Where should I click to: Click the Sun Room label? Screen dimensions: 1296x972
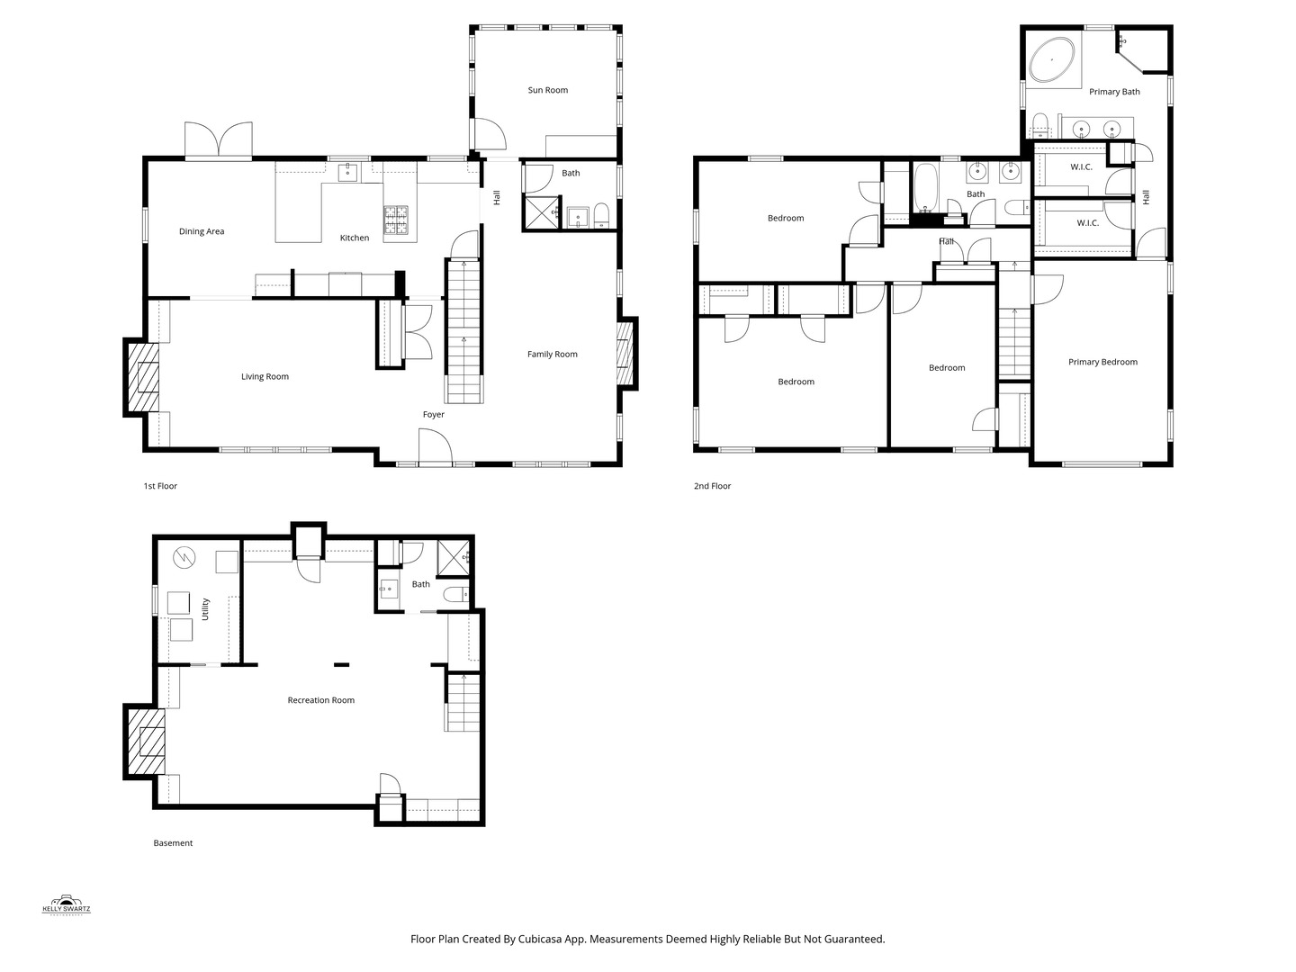547,90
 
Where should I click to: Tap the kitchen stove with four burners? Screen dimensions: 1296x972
396,220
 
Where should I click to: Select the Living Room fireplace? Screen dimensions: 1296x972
141,377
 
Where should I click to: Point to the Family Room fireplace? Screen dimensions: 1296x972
626,353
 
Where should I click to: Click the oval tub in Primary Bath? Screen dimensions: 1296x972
1051,59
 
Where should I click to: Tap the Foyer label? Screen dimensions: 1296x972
434,415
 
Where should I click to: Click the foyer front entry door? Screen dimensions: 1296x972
435,447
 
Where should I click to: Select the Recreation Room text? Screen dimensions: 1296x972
320,700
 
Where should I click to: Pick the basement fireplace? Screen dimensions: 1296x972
145,742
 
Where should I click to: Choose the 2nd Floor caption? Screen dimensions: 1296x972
712,486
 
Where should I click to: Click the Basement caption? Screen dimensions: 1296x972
173,843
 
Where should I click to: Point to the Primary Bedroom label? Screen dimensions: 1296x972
1102,363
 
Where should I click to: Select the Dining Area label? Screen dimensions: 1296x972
202,231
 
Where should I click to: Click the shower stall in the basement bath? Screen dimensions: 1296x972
453,558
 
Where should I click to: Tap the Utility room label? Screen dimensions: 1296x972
205,609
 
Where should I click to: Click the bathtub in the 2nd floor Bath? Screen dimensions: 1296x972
925,187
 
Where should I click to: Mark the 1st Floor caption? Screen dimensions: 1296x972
160,486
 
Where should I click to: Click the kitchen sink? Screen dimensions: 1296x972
347,173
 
